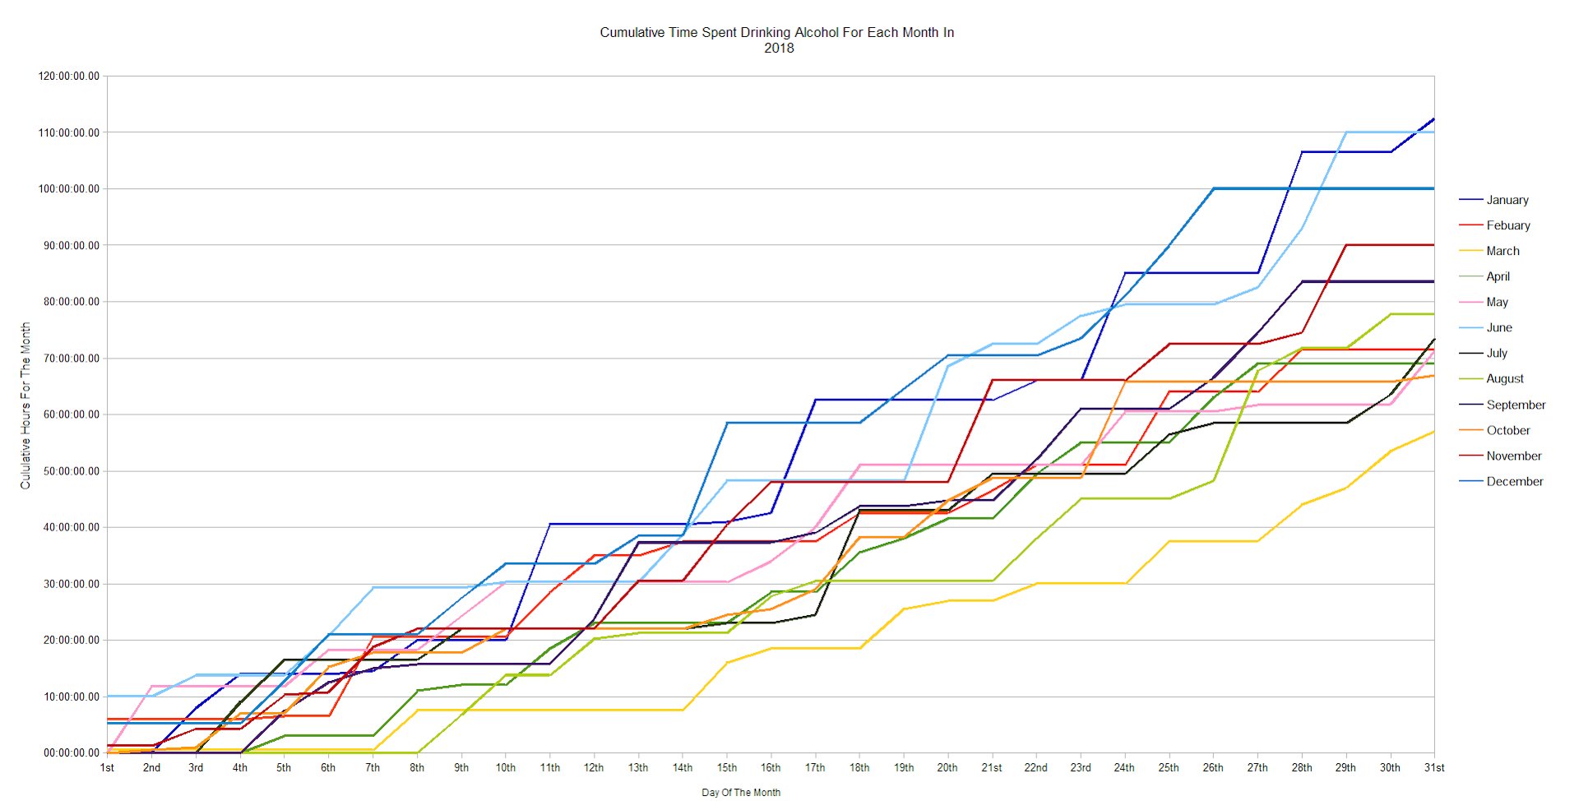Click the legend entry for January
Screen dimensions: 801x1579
click(x=1507, y=200)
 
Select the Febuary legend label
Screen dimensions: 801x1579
click(x=1507, y=225)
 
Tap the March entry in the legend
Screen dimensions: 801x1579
click(x=1503, y=251)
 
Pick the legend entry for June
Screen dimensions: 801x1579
click(x=1498, y=327)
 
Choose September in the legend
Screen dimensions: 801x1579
click(x=1516, y=405)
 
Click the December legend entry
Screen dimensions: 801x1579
click(x=1514, y=481)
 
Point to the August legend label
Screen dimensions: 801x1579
click(x=1504, y=378)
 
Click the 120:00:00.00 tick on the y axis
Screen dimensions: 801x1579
click(x=69, y=76)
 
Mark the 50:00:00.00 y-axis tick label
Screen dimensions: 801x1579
click(x=69, y=471)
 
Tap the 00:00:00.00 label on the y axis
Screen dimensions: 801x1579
click(x=69, y=752)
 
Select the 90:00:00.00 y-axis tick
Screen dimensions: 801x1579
click(x=69, y=245)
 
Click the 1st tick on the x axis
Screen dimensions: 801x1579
click(x=107, y=768)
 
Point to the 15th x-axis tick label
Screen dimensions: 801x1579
click(x=727, y=768)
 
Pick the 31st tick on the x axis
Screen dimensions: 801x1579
click(x=1434, y=768)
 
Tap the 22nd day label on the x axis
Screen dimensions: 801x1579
click(x=1035, y=768)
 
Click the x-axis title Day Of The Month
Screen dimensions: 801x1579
click(x=741, y=793)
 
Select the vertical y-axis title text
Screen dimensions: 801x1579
click(x=25, y=405)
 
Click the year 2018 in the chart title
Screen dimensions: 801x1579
click(x=779, y=48)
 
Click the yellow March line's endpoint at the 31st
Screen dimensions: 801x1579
click(x=1434, y=432)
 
